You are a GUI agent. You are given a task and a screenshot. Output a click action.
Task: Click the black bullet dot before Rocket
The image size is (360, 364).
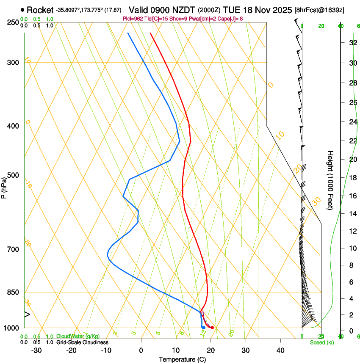pyautogui.click(x=22, y=10)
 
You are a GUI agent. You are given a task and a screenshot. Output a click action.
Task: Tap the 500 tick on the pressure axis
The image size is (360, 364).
pyautogui.click(x=13, y=175)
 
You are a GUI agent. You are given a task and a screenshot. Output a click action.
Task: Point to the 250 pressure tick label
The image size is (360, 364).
pyautogui.click(x=13, y=22)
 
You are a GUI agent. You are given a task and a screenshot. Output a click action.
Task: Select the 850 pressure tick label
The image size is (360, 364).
pyautogui.click(x=13, y=292)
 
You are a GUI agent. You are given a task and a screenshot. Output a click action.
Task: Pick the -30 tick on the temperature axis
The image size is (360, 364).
pyautogui.click(x=36, y=350)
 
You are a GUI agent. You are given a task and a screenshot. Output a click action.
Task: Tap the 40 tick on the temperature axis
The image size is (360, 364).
pyautogui.click(x=280, y=350)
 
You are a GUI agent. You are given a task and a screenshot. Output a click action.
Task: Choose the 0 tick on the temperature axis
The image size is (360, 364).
pyautogui.click(x=141, y=350)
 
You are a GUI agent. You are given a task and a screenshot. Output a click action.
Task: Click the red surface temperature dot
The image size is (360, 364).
pyautogui.click(x=212, y=328)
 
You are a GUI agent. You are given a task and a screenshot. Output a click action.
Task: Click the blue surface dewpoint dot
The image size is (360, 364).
pyautogui.click(x=203, y=327)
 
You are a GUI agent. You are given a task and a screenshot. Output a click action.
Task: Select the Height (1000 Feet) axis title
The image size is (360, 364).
pyautogui.click(x=331, y=180)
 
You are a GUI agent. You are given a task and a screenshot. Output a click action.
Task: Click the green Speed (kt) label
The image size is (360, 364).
pyautogui.click(x=322, y=342)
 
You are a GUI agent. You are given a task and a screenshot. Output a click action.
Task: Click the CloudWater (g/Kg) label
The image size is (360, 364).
pyautogui.click(x=78, y=336)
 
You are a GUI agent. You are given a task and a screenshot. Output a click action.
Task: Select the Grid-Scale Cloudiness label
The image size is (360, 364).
pyautogui.click(x=82, y=342)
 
